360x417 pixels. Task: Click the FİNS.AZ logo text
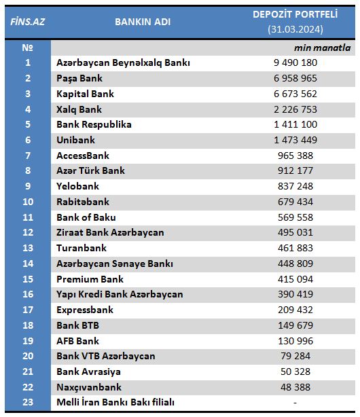point(28,22)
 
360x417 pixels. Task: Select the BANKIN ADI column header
point(143,22)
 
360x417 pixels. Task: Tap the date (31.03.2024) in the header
point(295,29)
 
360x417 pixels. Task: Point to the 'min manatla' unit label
point(322,48)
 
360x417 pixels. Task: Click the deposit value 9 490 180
point(295,62)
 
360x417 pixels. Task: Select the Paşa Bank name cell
point(79,79)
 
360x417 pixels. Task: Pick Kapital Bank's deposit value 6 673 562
point(295,94)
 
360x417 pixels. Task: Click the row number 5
point(28,124)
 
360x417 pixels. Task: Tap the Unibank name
point(75,140)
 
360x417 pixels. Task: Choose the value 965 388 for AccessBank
point(295,156)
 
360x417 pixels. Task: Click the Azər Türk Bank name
point(90,170)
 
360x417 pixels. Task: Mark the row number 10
point(28,202)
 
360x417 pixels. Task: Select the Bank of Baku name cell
point(86,217)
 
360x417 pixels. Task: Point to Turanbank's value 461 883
point(295,248)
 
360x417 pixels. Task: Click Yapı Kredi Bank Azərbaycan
point(120,295)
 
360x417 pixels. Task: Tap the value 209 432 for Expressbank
point(295,310)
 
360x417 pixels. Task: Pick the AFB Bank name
point(77,341)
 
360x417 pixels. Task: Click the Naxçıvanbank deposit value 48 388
point(295,387)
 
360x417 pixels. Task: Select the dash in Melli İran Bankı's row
point(295,403)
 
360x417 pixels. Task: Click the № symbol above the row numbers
point(27,48)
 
